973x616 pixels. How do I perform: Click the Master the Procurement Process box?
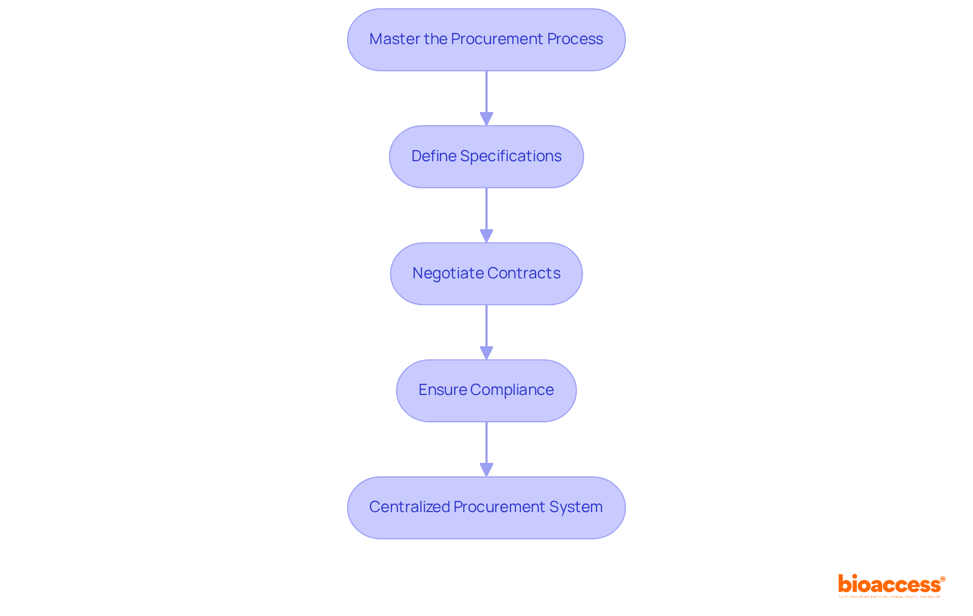click(x=486, y=40)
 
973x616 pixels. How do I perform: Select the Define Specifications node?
click(x=486, y=157)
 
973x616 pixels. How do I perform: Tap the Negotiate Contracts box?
click(x=486, y=274)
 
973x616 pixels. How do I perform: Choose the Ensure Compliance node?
click(x=486, y=390)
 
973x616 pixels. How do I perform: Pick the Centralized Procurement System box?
click(x=486, y=508)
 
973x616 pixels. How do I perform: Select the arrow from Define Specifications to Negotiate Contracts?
click(x=486, y=214)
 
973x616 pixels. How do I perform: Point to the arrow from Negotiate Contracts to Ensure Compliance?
click(x=486, y=332)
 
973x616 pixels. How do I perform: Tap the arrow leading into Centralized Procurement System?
click(x=486, y=449)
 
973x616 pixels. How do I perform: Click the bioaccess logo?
click(x=889, y=585)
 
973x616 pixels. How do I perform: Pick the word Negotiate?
click(x=441, y=273)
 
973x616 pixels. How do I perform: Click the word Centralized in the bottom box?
click(x=409, y=507)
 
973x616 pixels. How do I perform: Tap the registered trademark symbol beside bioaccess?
click(x=943, y=579)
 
